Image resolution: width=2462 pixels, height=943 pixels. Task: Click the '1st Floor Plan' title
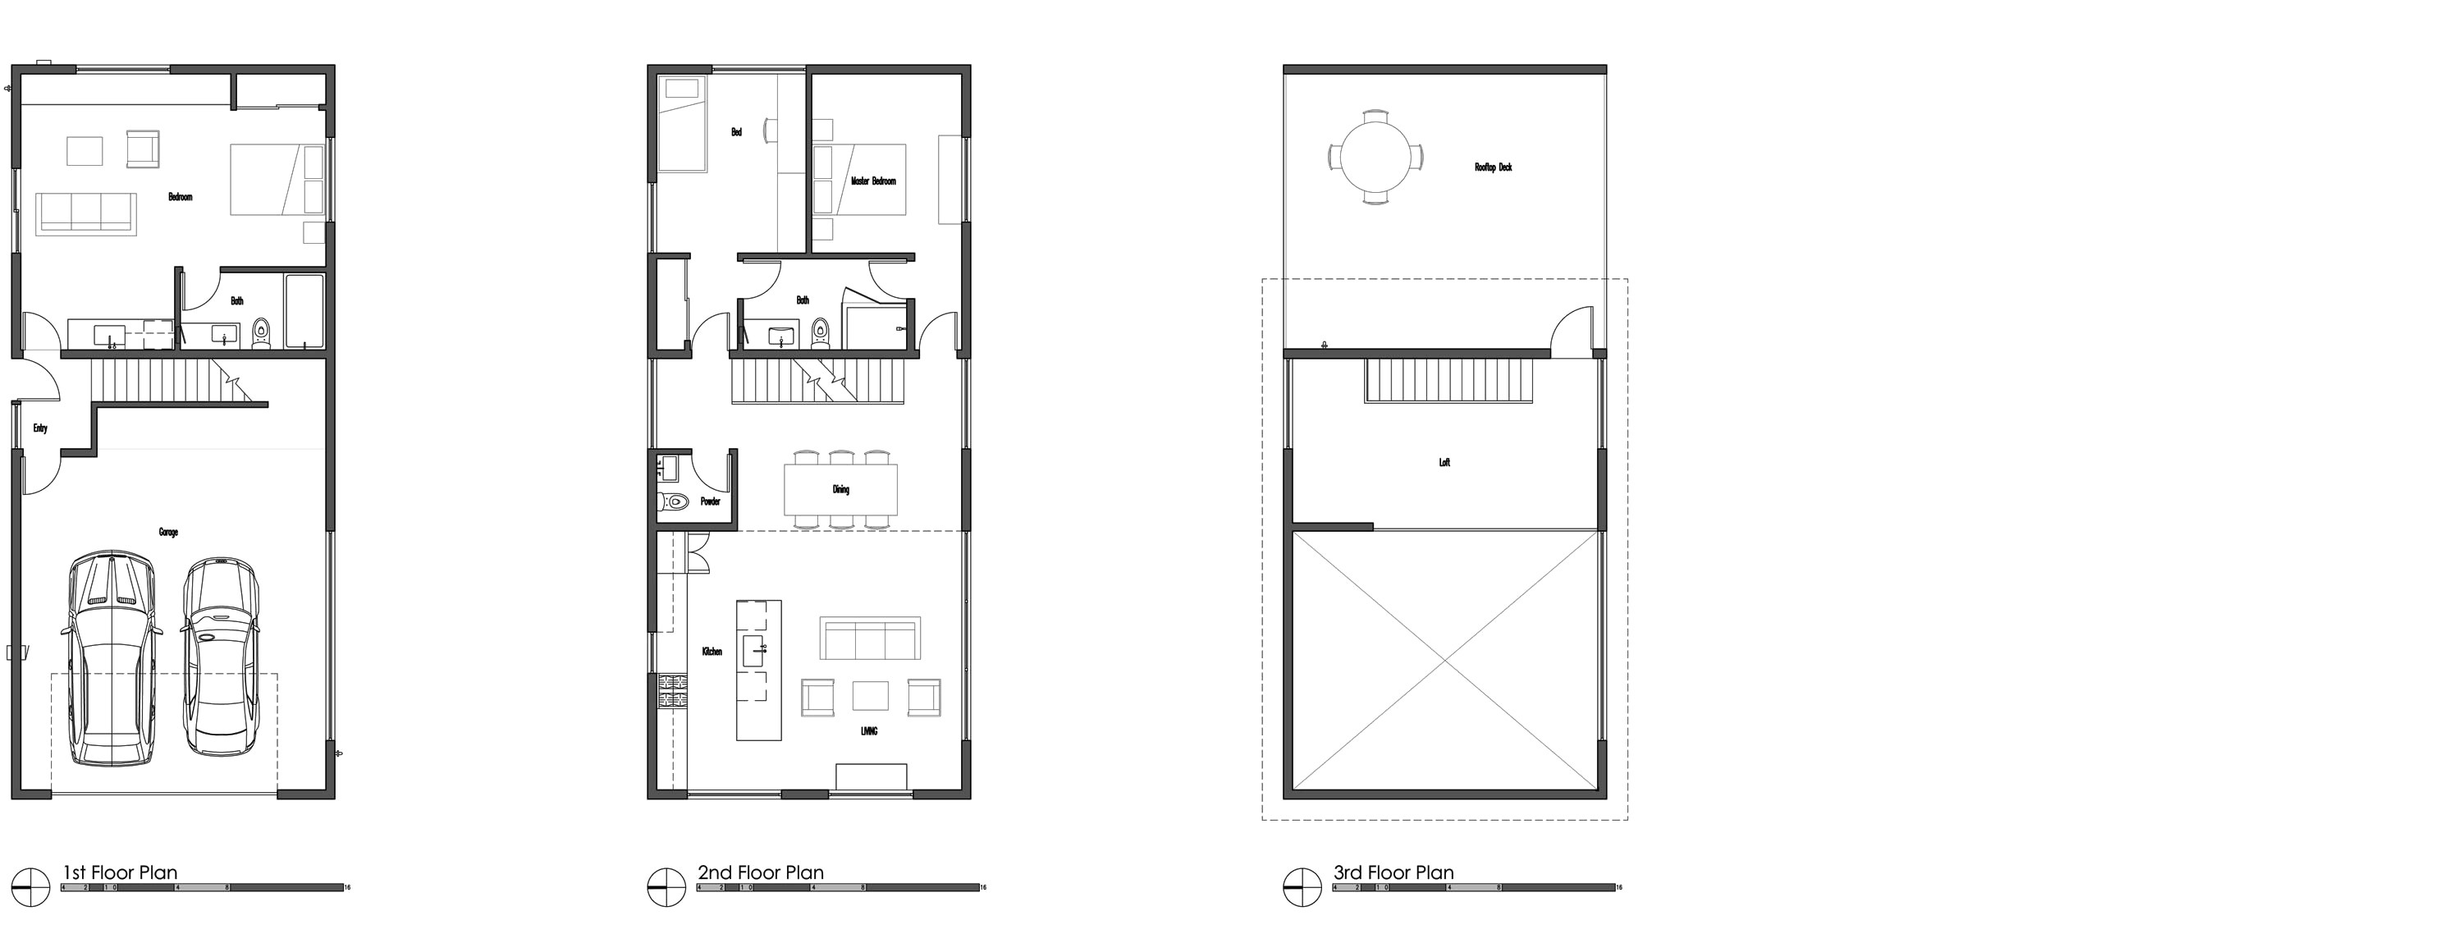[x=120, y=872]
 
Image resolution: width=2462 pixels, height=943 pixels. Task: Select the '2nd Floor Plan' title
[x=760, y=872]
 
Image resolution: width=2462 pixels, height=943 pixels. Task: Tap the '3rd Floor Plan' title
[x=1393, y=872]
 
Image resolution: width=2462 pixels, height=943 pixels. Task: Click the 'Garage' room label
[x=168, y=532]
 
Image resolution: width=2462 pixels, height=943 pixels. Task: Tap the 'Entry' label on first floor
[x=40, y=428]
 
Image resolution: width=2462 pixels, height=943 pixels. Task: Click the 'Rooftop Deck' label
[x=1493, y=167]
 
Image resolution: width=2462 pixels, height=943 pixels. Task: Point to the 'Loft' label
[x=1444, y=462]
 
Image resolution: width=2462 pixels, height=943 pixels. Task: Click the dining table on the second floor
[x=840, y=489]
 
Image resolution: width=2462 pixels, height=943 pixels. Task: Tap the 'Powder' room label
[x=710, y=501]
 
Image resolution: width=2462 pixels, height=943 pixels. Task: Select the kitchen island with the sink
[x=759, y=670]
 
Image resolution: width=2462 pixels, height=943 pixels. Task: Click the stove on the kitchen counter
[x=672, y=691]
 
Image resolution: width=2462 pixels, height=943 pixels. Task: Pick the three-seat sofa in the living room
[x=870, y=639]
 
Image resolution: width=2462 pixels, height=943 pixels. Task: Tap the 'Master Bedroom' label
[x=873, y=181]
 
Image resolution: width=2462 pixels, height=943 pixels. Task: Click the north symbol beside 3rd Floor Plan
[x=1302, y=886]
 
